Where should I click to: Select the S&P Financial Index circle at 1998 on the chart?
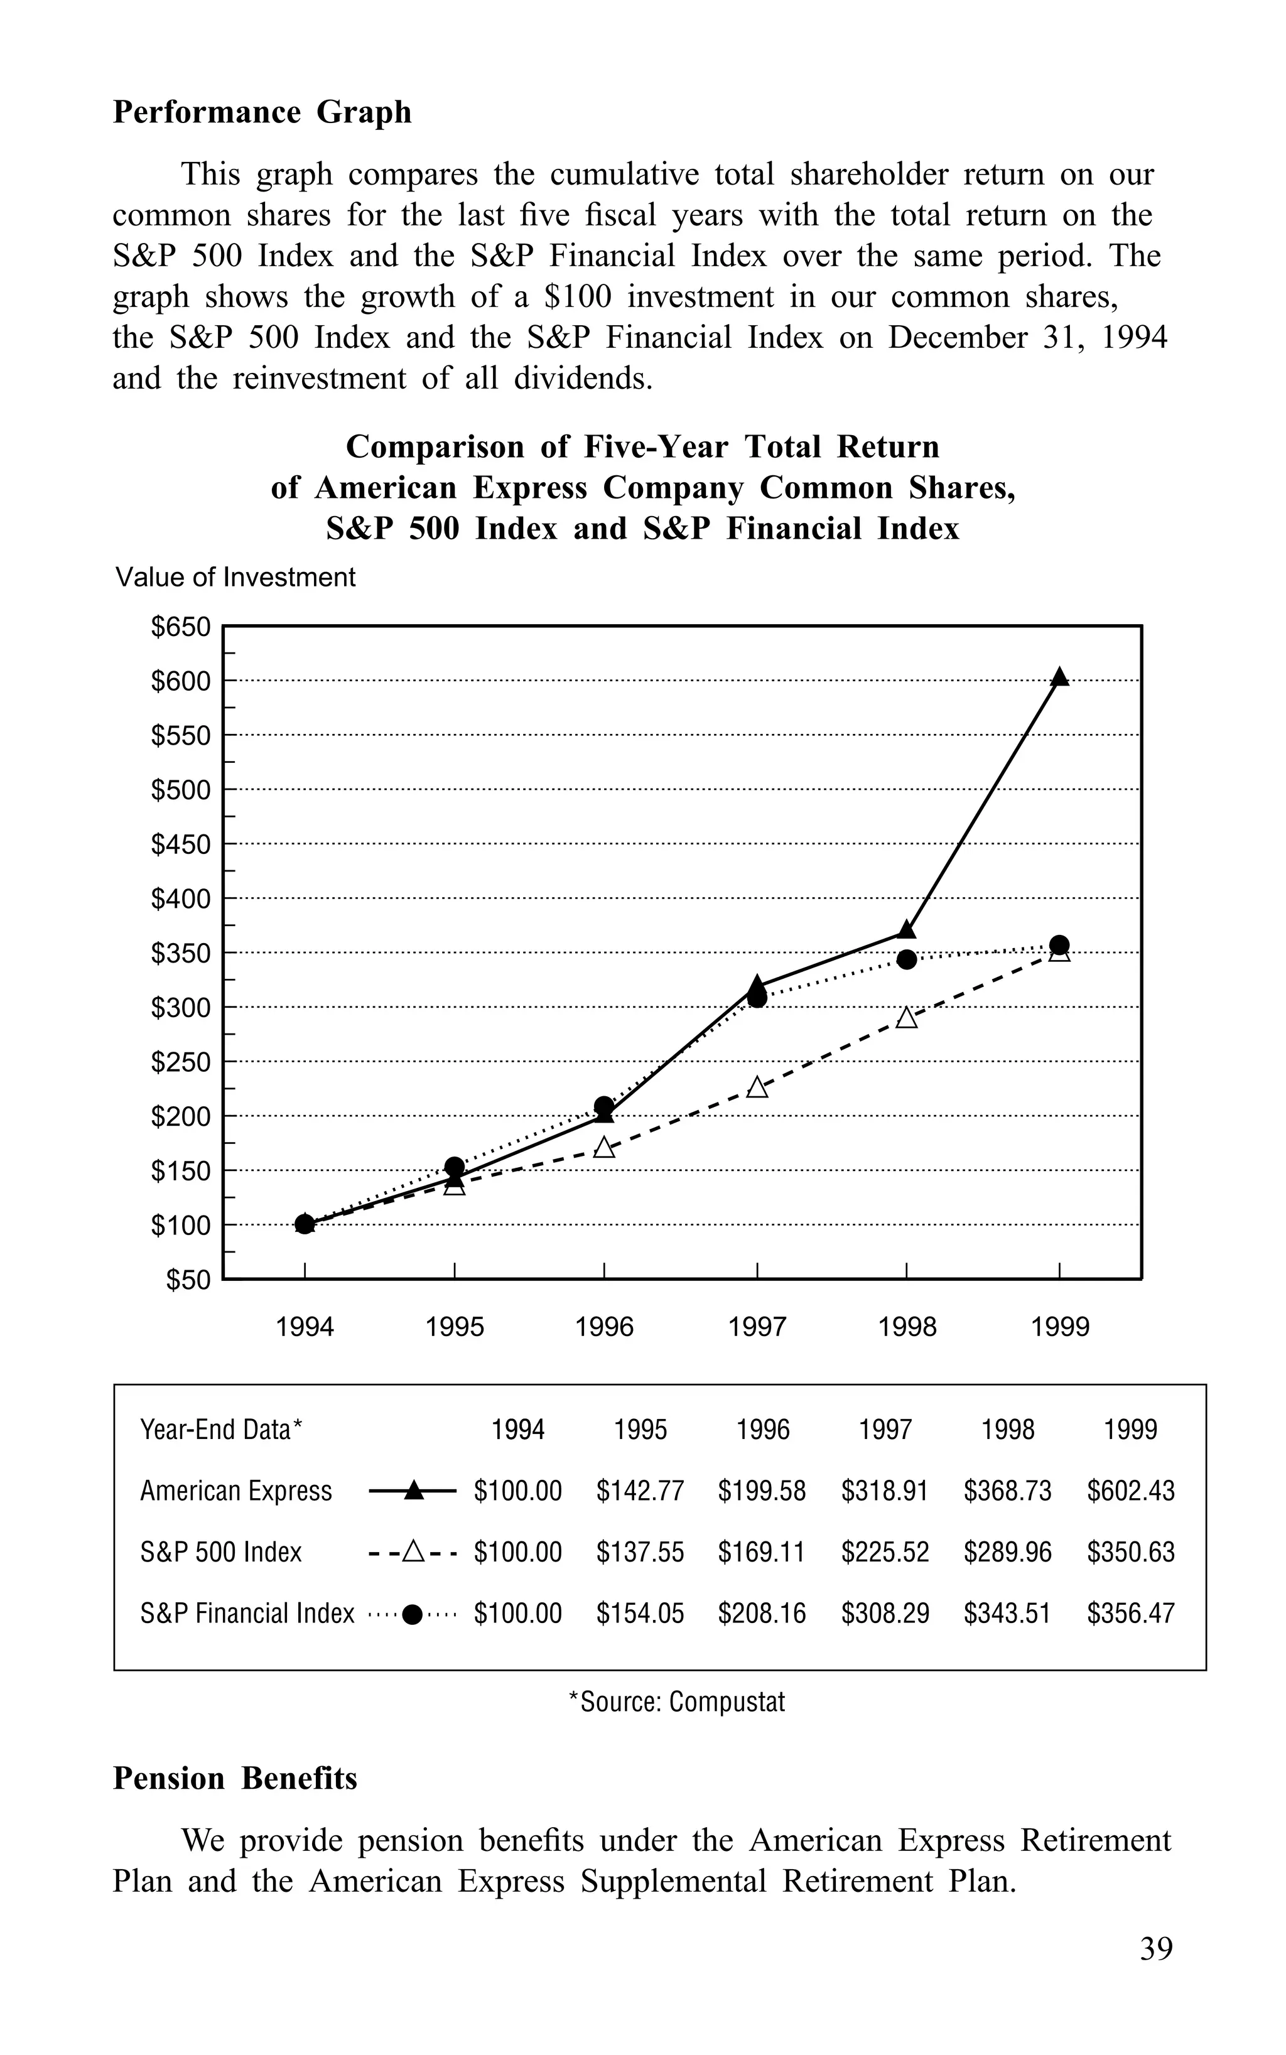907,959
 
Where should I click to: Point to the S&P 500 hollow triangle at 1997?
757,1087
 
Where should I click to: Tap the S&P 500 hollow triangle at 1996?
604,1148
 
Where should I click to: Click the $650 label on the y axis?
180,627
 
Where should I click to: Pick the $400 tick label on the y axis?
180,898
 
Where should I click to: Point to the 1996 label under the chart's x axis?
604,1327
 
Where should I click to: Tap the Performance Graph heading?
262,112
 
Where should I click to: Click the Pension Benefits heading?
235,1779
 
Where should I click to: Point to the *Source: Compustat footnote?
677,1702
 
